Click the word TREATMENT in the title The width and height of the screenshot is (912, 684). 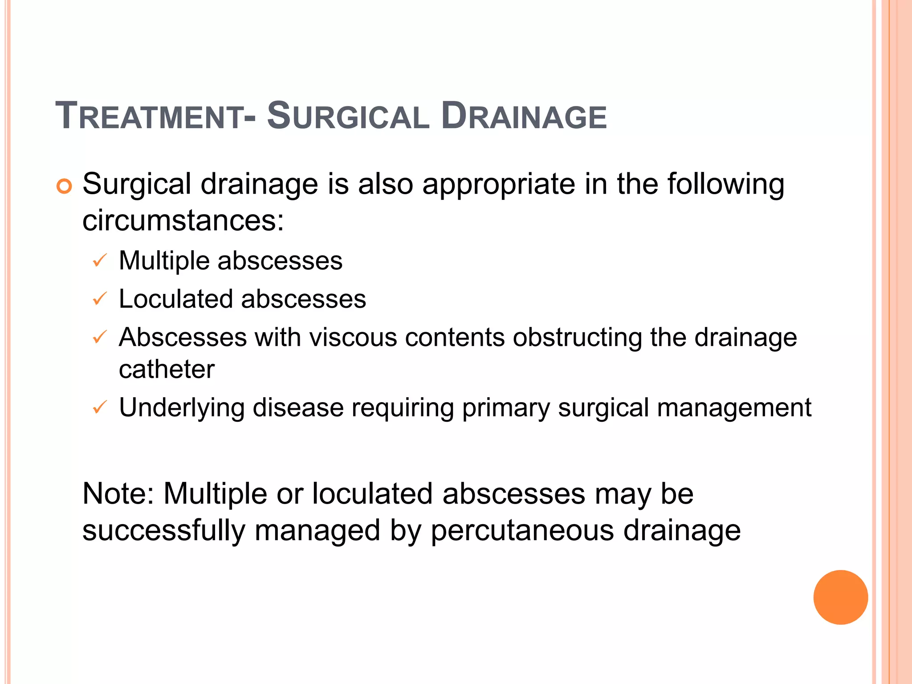(x=149, y=116)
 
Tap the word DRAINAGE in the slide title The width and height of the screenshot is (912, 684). (x=524, y=116)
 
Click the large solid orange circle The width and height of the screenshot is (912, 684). (x=840, y=597)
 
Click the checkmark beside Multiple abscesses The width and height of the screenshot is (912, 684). (x=99, y=260)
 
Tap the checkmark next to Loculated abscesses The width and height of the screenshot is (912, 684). (x=99, y=298)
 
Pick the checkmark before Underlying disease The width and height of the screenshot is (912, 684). (x=99, y=407)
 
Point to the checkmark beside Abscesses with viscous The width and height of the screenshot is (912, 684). (x=99, y=337)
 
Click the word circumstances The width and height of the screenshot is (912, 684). (x=183, y=220)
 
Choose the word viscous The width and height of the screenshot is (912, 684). (x=353, y=337)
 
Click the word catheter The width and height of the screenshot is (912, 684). (x=167, y=369)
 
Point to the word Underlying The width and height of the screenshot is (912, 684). (x=182, y=408)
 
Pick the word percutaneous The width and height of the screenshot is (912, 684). (x=522, y=531)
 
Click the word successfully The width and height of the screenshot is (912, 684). (x=164, y=531)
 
